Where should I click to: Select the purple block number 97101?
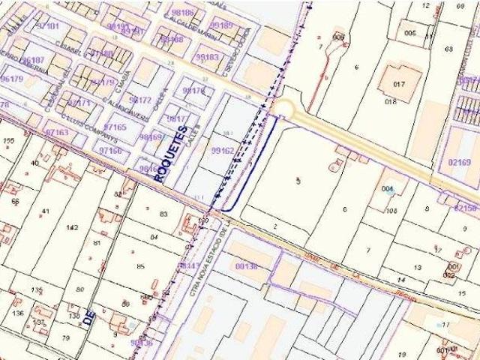(x=47, y=26)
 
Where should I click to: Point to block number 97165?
(x=114, y=127)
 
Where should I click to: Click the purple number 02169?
(x=460, y=162)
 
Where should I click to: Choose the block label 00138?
(x=246, y=265)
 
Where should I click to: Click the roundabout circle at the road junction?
(x=283, y=109)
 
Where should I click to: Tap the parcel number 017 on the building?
(x=398, y=84)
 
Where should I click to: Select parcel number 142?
(x=72, y=227)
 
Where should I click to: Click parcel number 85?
(x=140, y=266)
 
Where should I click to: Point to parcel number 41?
(x=45, y=211)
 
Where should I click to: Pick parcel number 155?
(x=9, y=141)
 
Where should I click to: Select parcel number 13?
(x=417, y=267)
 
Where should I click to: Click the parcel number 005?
(x=410, y=34)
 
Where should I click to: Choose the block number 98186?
(x=182, y=13)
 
